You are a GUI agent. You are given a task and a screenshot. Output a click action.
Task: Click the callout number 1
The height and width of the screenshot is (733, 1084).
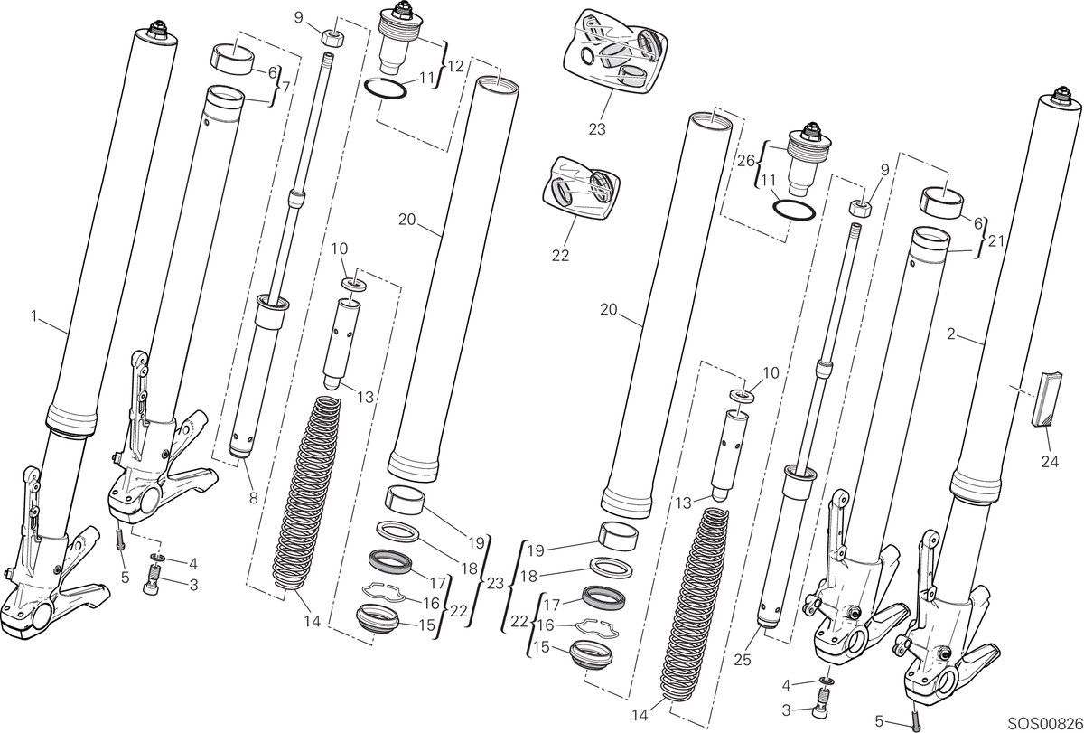pos(34,316)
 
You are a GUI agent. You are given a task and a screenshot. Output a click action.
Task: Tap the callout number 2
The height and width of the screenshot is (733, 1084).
pos(951,334)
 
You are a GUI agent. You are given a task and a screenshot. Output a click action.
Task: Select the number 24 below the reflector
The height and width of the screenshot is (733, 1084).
pos(1050,462)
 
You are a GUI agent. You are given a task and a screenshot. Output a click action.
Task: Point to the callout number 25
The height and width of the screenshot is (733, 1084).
pos(743,660)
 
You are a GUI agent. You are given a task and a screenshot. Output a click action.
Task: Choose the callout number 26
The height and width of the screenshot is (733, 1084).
pos(746,160)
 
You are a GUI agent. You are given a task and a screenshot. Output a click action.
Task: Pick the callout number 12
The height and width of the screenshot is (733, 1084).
pos(456,66)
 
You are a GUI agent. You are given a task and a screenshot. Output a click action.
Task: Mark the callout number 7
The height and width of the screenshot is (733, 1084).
pos(285,88)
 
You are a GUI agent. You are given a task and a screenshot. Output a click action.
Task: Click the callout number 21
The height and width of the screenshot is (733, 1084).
pos(995,240)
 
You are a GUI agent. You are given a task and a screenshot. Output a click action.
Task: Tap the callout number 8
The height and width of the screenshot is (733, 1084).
pos(254,498)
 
